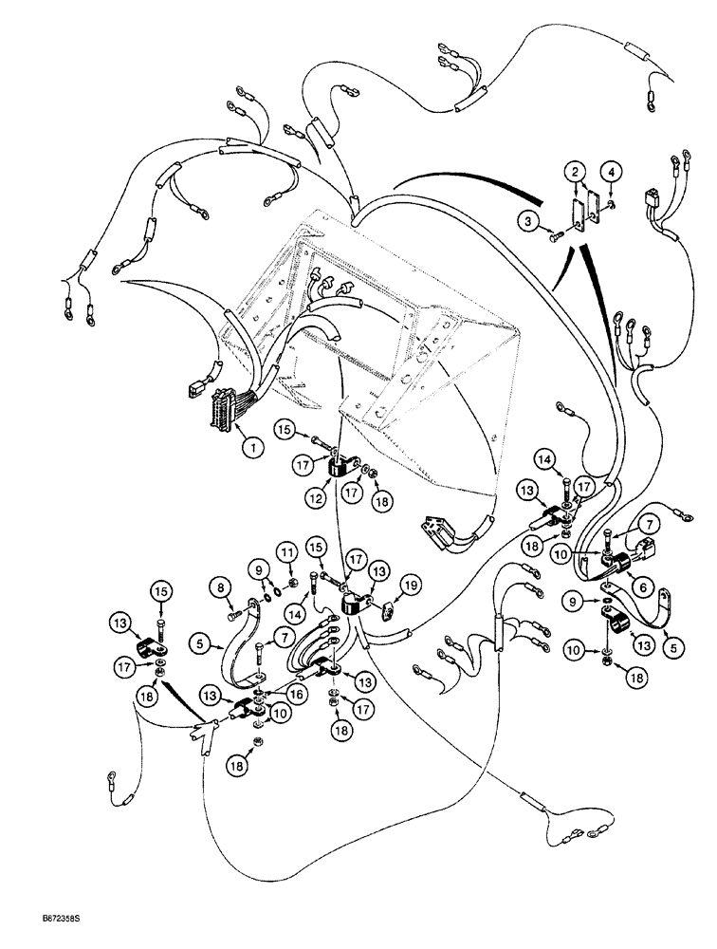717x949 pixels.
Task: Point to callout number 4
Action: [x=613, y=172]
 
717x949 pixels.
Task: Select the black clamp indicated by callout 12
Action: [x=340, y=472]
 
